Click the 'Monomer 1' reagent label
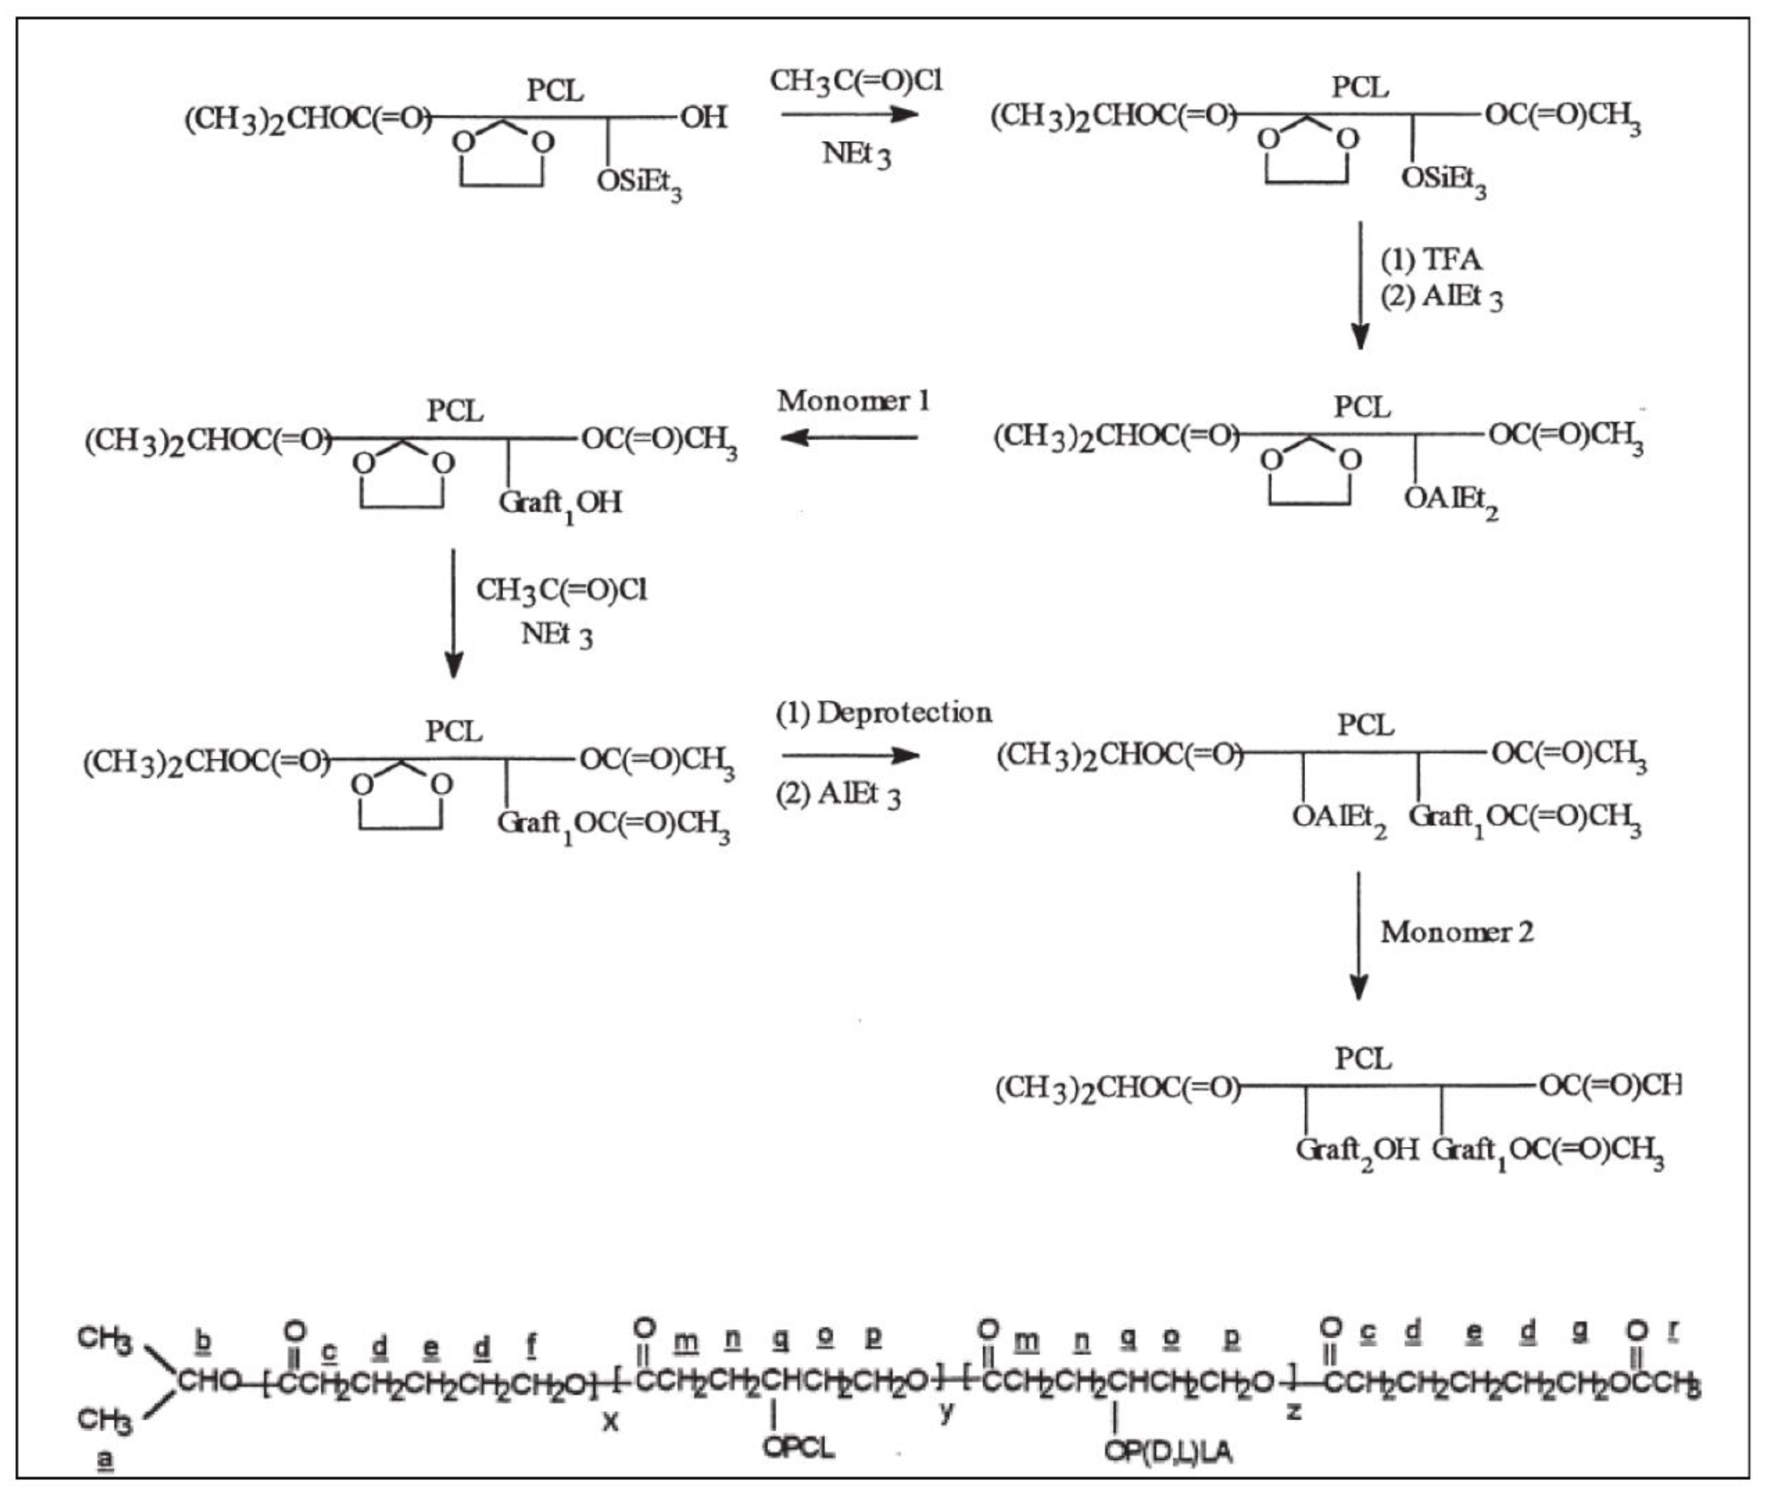[x=853, y=401]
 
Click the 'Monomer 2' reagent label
[x=1456, y=932]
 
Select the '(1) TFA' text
[x=1430, y=259]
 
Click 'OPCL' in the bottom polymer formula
[x=798, y=1446]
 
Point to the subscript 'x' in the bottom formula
[x=610, y=1421]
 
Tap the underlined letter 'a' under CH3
[x=105, y=1459]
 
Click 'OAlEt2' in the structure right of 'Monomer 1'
[x=1451, y=500]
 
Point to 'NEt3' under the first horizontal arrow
[x=856, y=155]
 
